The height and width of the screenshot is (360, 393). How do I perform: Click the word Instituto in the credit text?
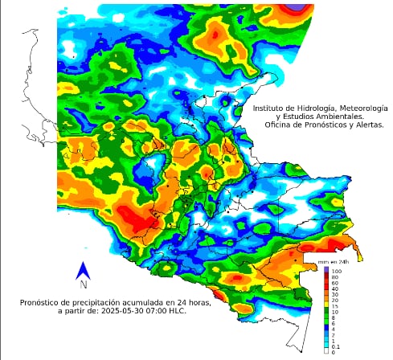pos(271,107)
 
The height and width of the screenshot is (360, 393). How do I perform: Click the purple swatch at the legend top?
pos(327,270)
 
